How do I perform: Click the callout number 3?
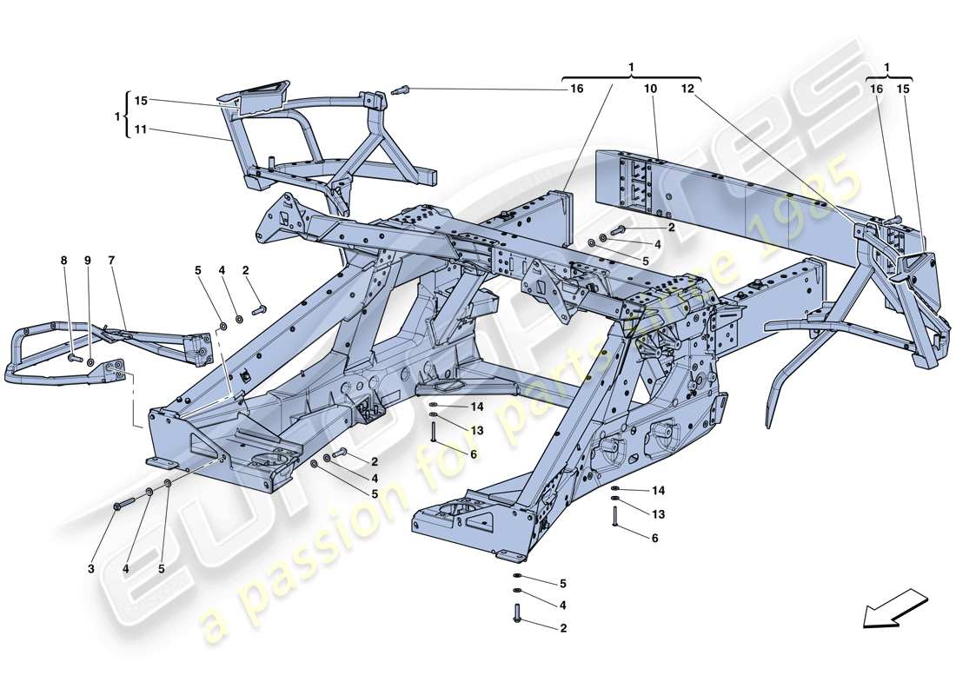point(90,570)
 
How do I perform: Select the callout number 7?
point(111,261)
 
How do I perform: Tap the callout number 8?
point(63,261)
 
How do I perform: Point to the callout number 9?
point(87,261)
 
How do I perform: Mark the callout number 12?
point(688,89)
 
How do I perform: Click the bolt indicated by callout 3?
point(122,503)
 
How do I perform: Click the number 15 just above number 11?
point(142,101)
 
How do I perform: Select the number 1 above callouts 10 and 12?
point(631,67)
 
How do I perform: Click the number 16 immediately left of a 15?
point(875,89)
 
